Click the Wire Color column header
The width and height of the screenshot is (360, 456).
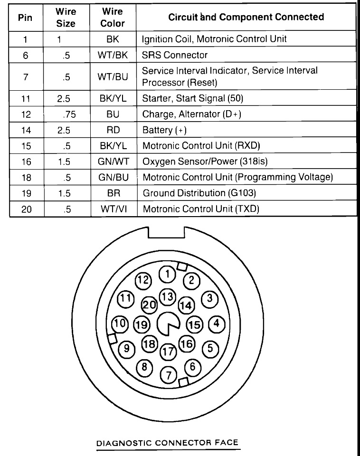click(113, 17)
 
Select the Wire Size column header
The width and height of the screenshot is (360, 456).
click(66, 17)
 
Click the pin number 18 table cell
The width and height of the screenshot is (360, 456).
click(26, 177)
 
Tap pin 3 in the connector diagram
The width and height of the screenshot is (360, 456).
click(209, 299)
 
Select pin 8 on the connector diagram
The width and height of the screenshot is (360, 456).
click(144, 367)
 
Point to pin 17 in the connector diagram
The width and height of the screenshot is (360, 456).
click(167, 352)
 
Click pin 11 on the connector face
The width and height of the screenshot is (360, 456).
click(125, 299)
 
